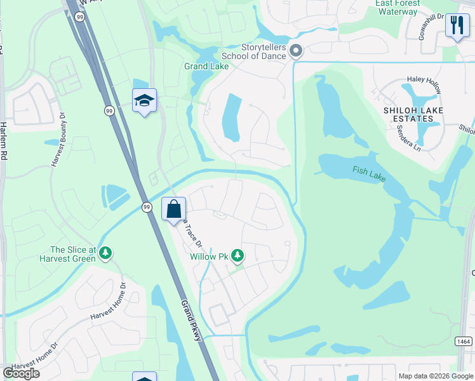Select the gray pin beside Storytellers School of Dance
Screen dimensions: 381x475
(x=295, y=50)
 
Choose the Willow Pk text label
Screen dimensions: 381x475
(x=208, y=257)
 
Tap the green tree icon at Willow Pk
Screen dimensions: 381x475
(x=237, y=255)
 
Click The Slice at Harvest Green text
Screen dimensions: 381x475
(x=73, y=254)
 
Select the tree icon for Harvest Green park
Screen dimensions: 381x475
(x=105, y=253)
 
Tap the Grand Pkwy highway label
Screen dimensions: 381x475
(x=191, y=320)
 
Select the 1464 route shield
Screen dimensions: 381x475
(x=463, y=341)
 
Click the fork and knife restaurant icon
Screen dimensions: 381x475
(x=457, y=25)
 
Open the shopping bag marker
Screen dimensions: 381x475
(x=174, y=209)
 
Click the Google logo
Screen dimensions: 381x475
(x=21, y=373)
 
